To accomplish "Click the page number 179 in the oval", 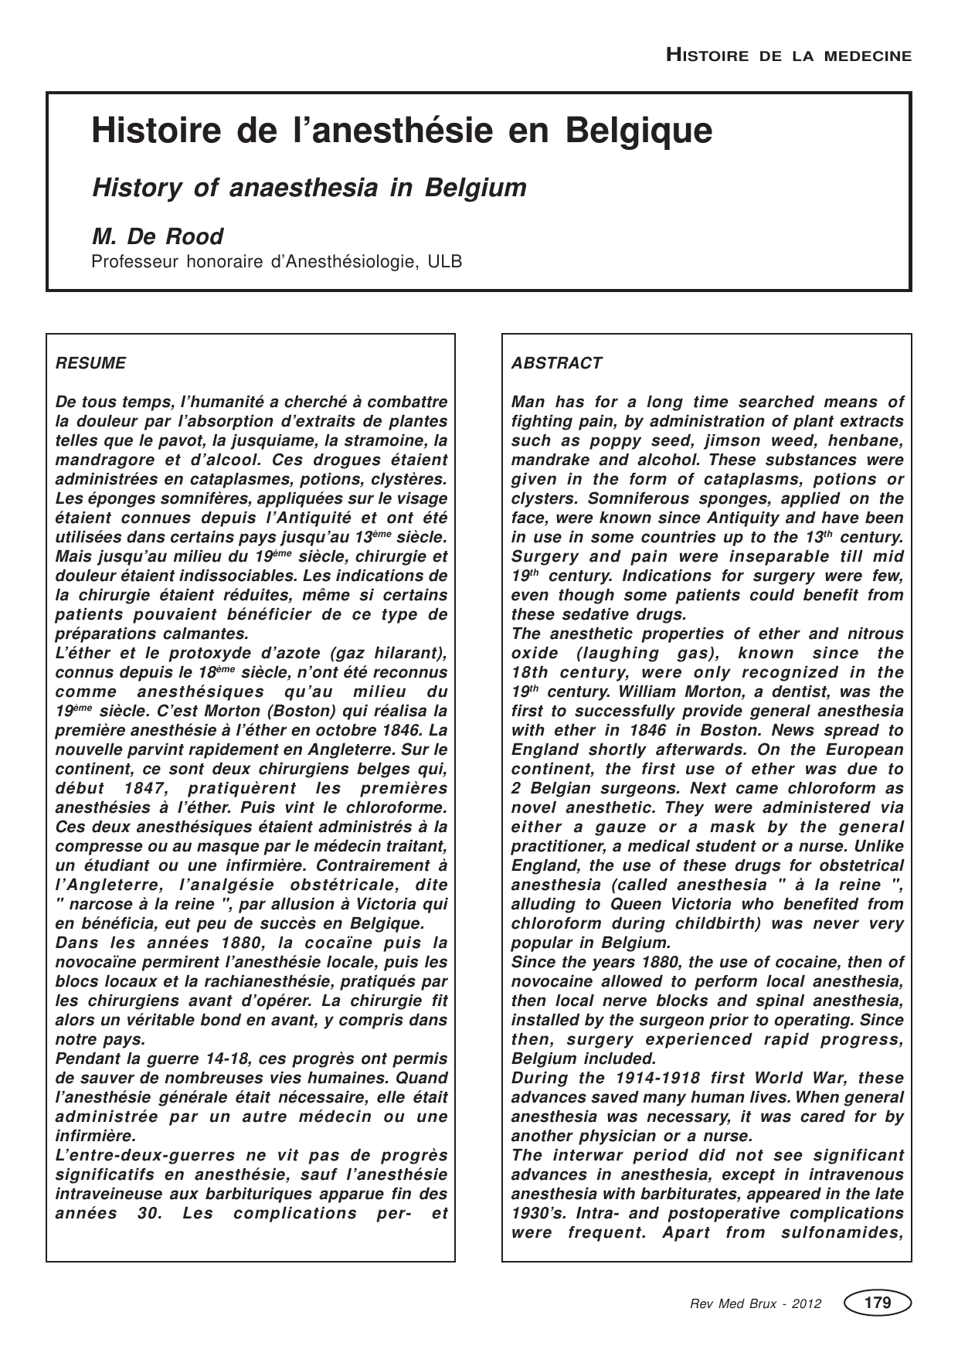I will [x=878, y=1303].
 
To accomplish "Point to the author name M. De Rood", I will [x=158, y=236].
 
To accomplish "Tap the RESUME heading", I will [x=90, y=363].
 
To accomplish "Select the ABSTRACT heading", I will [x=556, y=363].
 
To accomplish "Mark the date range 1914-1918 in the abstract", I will [x=617, y=1078].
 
